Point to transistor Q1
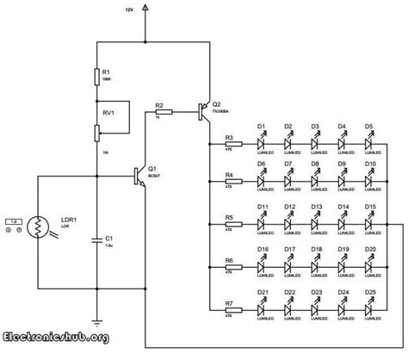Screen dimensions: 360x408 [136, 175]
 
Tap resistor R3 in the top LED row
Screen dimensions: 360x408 [230, 145]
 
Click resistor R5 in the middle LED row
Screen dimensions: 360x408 [230, 223]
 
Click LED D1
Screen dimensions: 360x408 [263, 144]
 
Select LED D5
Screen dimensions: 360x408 [369, 144]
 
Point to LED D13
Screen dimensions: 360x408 [317, 223]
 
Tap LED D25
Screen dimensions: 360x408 [369, 301]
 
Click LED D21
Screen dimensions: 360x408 [263, 301]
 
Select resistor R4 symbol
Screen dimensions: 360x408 [230, 183]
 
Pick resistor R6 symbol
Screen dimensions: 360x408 [230, 266]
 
